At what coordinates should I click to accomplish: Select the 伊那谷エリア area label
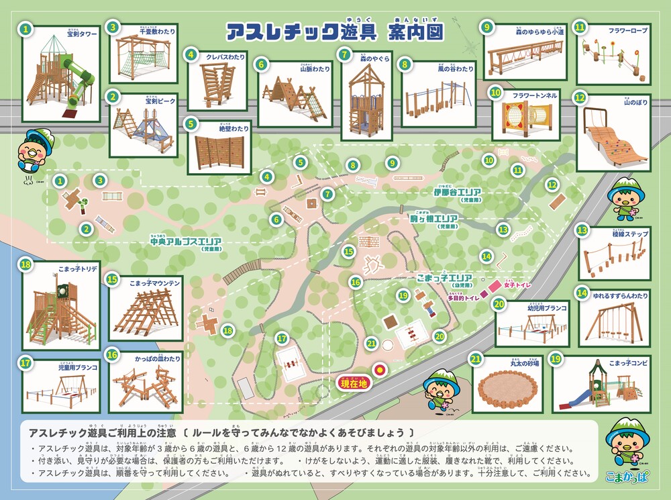(x=459, y=192)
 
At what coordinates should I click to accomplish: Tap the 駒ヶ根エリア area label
(x=433, y=219)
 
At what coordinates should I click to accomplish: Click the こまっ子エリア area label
(x=444, y=277)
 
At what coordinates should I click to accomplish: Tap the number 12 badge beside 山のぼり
(x=580, y=97)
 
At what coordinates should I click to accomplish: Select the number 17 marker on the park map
(x=282, y=338)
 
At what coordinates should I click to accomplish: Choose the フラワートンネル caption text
(x=534, y=95)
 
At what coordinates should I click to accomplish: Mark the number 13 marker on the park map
(x=503, y=230)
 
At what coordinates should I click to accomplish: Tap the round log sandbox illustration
(x=508, y=391)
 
